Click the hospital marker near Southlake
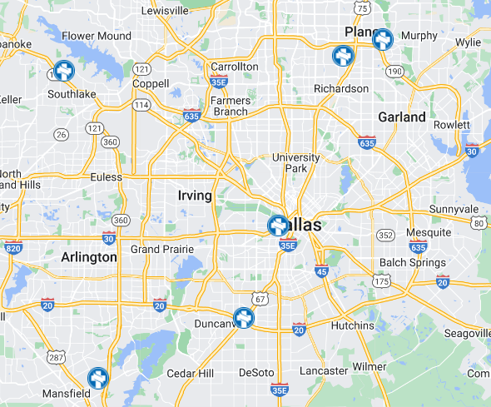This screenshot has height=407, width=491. pos(63,72)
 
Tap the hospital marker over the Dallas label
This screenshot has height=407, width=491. pos(279,226)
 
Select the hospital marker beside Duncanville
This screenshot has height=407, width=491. pos(243,318)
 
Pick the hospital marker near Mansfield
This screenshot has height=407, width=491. pos(98,379)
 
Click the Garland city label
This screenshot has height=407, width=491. pos(402,117)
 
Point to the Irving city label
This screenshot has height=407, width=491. pos(195,196)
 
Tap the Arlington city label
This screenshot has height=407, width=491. pos(89,258)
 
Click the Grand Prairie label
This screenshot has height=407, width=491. pos(162,249)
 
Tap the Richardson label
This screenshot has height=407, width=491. pos(341,89)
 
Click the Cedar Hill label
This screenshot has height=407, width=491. pos(191,373)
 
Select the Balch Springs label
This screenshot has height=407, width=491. pos(408,263)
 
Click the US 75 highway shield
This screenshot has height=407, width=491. pos(361,8)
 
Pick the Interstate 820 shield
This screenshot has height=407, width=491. pos(12,248)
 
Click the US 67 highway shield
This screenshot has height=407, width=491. pos(261,299)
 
